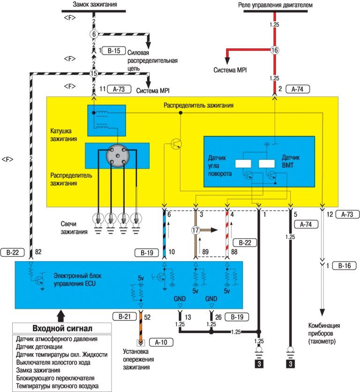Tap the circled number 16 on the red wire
pos(275,50)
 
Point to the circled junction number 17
pos(195,230)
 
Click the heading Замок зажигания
pos(95,5)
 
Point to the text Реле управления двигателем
pos(284,5)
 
